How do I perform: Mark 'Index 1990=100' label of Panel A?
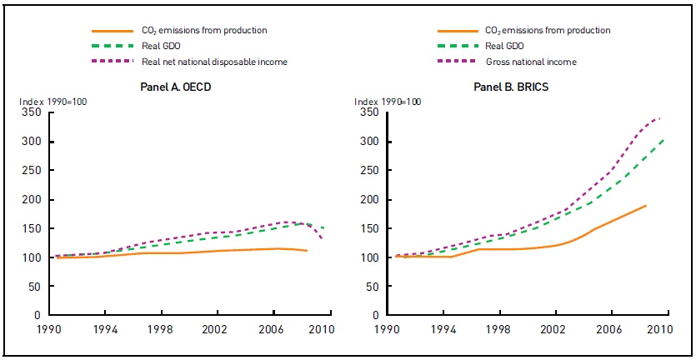53,102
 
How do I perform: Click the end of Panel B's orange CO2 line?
646,205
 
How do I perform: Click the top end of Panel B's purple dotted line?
662,117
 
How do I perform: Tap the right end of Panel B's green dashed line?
663,139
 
